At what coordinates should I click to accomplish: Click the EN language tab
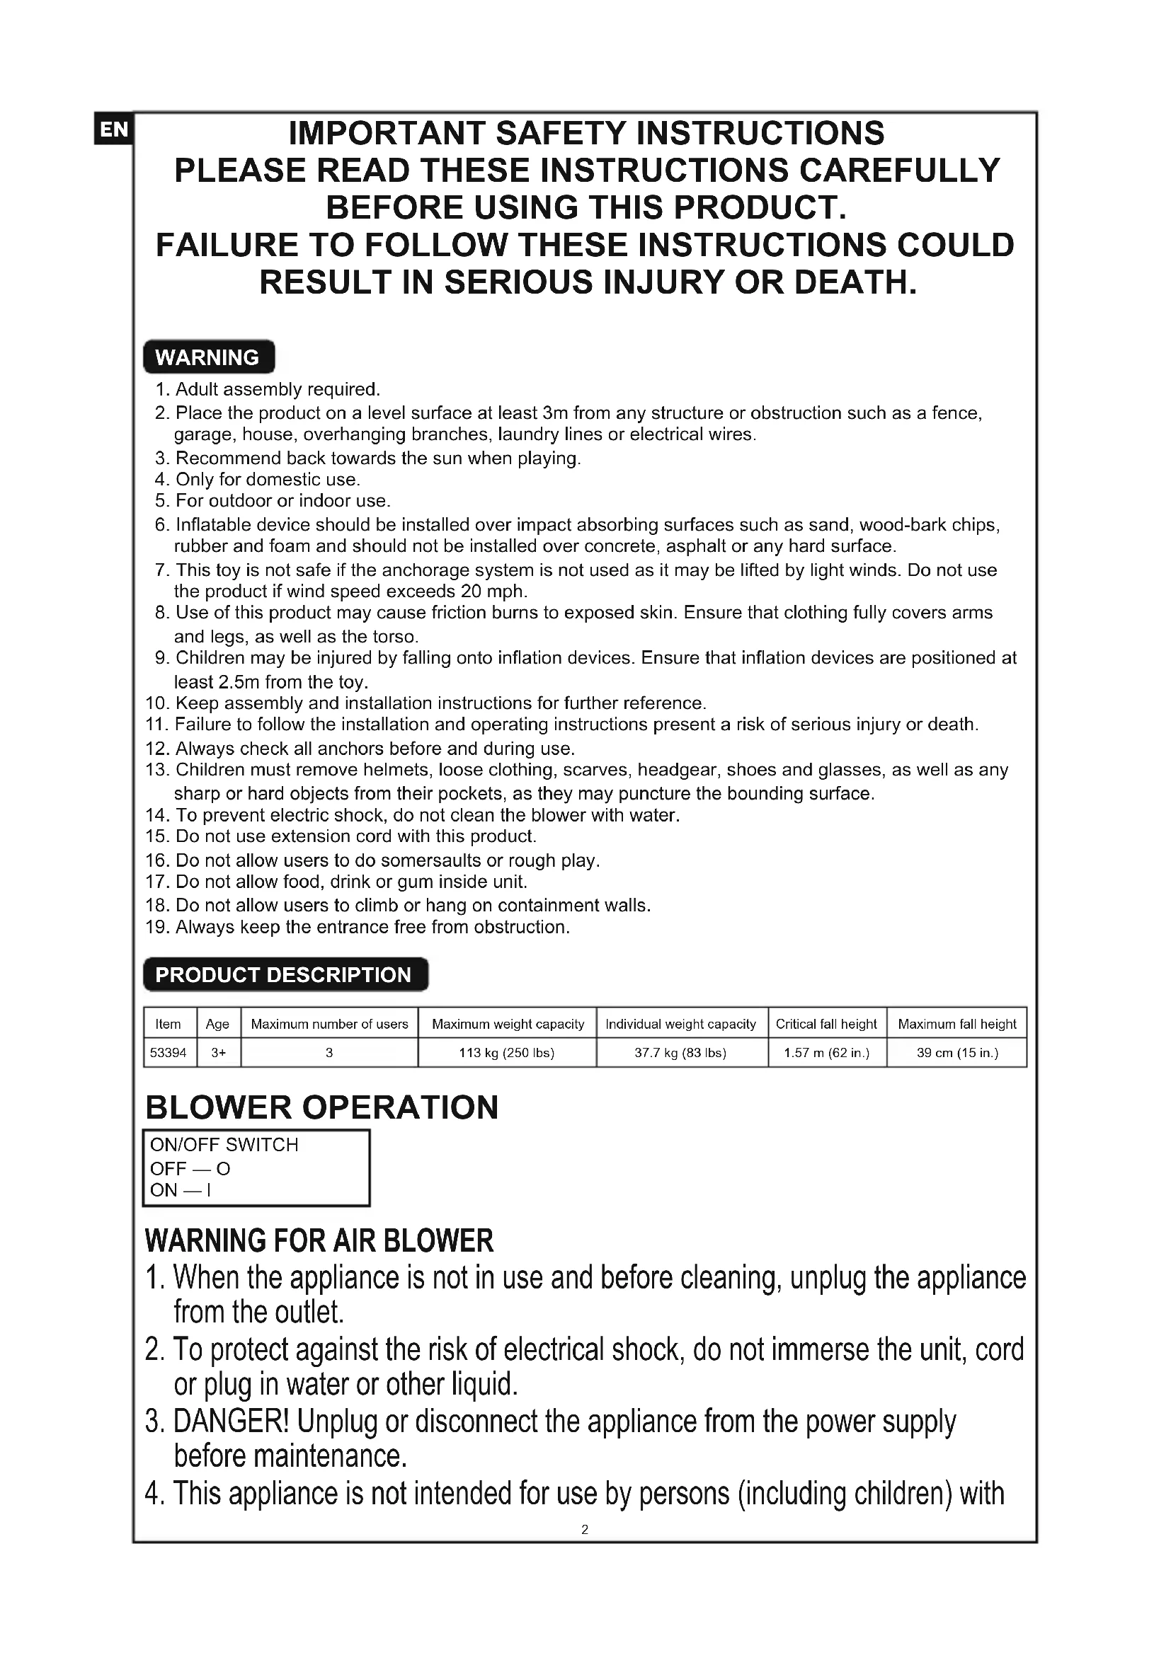[113, 129]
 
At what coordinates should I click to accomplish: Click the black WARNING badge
[208, 357]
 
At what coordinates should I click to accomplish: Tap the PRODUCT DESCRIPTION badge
[285, 974]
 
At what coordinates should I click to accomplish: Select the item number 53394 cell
[168, 1052]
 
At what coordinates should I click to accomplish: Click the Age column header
[217, 1024]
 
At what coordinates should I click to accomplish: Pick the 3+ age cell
[218, 1052]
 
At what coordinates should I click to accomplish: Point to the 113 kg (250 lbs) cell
[506, 1052]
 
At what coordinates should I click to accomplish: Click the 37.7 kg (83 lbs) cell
[680, 1052]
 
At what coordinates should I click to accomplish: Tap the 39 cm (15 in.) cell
[957, 1052]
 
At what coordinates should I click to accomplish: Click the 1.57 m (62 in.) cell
[826, 1052]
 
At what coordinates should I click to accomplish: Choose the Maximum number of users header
[329, 1024]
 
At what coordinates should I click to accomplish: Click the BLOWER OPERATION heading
[321, 1107]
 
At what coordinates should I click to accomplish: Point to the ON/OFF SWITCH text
[224, 1145]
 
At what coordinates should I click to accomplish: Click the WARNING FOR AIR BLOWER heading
[319, 1240]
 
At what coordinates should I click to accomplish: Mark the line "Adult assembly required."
[277, 389]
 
